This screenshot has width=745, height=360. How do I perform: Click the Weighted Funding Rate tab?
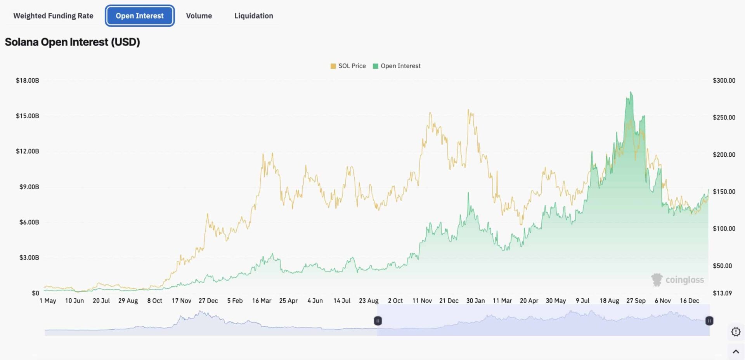point(53,16)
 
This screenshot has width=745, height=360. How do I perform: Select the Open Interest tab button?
point(140,16)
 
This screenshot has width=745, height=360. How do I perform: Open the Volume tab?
point(199,16)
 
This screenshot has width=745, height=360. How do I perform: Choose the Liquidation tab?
point(253,16)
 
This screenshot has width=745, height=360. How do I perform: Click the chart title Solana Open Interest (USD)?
point(72,42)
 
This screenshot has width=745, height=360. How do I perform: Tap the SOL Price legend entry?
point(348,66)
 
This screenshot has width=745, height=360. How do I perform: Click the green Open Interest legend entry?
point(397,66)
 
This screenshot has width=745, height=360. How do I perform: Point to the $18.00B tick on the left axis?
point(27,81)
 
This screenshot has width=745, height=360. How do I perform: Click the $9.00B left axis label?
point(29,187)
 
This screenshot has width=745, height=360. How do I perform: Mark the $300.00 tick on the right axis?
point(724,81)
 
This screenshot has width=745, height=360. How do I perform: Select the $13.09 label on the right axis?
point(722,293)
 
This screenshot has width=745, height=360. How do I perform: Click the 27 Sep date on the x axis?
point(636,301)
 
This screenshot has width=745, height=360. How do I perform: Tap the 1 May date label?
point(48,301)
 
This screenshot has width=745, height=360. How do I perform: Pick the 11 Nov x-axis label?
point(422,301)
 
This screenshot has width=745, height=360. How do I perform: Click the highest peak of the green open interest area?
point(631,92)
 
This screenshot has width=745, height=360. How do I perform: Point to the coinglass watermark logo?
point(677,280)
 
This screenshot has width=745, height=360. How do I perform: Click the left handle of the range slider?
point(378,321)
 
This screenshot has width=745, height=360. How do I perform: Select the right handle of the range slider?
point(709,321)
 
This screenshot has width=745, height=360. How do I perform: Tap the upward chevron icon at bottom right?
point(735,351)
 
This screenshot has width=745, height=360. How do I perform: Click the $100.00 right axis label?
point(724,228)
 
